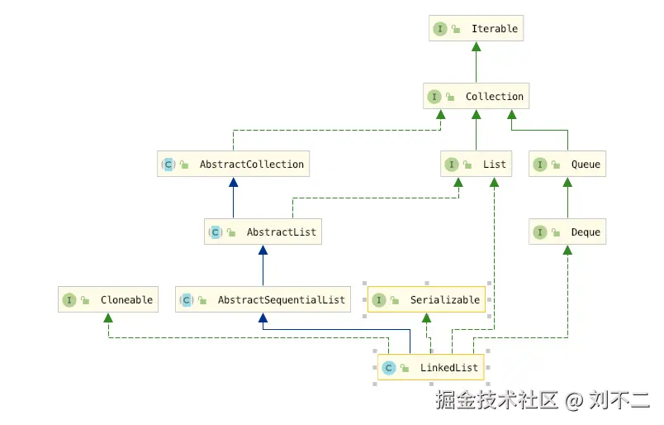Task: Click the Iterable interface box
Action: (476, 29)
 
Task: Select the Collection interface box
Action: (475, 97)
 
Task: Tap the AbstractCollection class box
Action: (234, 165)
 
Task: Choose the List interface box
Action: (476, 165)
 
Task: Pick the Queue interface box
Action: (567, 165)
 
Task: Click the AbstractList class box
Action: (263, 232)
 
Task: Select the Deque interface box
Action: (567, 232)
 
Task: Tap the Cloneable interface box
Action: (108, 300)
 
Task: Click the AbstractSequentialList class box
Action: (263, 300)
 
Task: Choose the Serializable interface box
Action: (427, 300)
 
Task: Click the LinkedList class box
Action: (433, 368)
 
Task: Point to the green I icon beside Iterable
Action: (440, 29)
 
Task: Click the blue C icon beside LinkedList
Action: (388, 368)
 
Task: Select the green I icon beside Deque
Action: (540, 232)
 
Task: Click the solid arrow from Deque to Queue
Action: (567, 198)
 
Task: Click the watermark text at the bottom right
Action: (543, 401)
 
